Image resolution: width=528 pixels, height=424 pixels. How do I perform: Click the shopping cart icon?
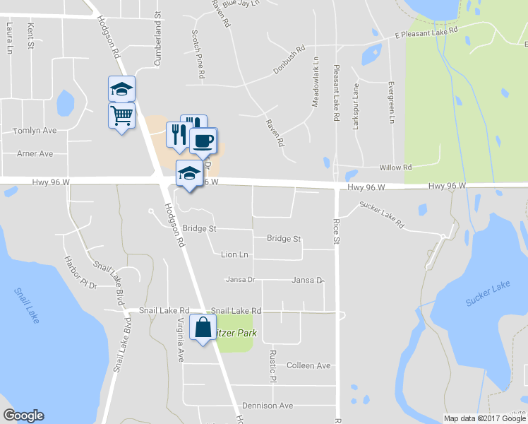point(121,114)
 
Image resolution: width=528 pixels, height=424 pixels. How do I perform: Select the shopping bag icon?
point(203,327)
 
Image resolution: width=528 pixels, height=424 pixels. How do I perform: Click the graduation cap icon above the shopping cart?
point(121,89)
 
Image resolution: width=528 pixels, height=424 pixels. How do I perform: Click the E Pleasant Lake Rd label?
point(426,32)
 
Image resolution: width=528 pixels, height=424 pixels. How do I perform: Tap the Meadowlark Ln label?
point(316,82)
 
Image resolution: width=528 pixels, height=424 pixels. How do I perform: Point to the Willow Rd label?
point(395,167)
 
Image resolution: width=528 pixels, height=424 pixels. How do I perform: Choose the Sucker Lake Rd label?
point(381,214)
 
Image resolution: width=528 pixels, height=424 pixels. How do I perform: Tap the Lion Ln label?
point(235,254)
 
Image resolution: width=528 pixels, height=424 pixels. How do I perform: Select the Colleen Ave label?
point(308,365)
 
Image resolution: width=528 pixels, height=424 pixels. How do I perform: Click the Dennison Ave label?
point(267,406)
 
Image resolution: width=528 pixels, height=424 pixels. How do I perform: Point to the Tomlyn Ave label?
point(35,131)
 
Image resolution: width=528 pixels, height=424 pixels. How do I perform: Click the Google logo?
point(23,416)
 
